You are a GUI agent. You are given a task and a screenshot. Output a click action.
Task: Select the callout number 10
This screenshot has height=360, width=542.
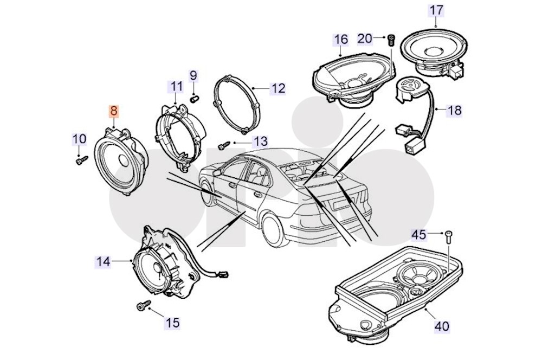click(x=79, y=139)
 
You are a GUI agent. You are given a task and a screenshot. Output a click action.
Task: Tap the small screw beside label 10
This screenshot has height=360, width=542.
click(x=81, y=160)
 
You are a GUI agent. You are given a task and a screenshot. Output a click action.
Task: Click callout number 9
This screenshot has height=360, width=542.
click(x=193, y=75)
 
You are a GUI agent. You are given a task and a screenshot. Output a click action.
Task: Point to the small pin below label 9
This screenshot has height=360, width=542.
click(x=196, y=98)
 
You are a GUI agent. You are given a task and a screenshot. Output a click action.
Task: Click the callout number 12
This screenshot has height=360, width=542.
click(x=278, y=88)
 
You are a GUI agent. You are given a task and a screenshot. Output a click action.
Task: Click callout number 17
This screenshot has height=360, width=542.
click(x=436, y=10)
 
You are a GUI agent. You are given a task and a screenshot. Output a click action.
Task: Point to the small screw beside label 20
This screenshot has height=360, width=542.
click(x=391, y=38)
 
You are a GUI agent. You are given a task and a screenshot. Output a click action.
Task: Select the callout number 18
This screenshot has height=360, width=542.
click(x=454, y=111)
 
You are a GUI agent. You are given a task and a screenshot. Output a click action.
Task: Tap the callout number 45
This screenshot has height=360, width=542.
click(x=419, y=234)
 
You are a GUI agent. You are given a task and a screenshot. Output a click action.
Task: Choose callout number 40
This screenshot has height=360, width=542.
click(x=442, y=326)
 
